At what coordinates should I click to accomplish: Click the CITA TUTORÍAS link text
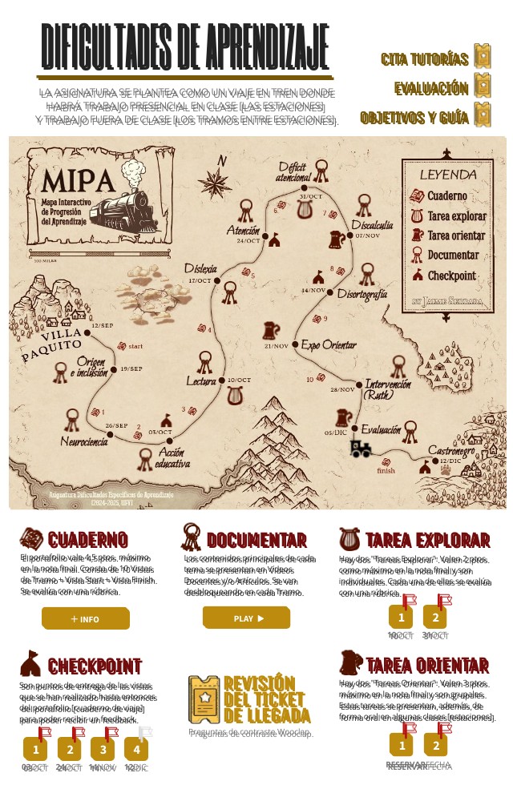tap(424, 59)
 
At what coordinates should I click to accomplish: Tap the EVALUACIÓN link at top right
tap(430, 88)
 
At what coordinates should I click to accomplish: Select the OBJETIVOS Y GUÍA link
tap(414, 118)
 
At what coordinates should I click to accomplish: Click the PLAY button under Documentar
tap(246, 618)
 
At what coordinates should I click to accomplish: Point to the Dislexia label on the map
tap(200, 268)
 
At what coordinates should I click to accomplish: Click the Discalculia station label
tap(372, 225)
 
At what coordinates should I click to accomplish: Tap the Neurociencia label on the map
tap(84, 441)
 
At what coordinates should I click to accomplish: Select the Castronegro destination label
tap(451, 450)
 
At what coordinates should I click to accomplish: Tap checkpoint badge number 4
tap(137, 751)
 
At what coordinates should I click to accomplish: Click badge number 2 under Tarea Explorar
tap(435, 618)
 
